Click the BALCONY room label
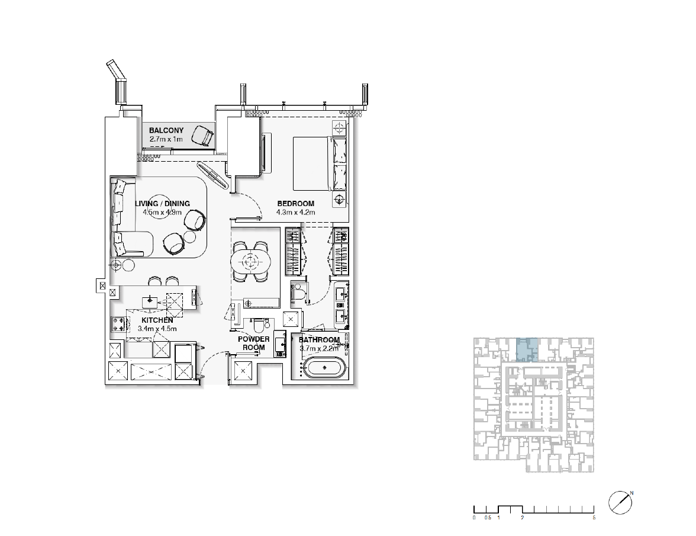[166, 130]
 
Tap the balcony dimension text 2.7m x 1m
[166, 139]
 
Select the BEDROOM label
[296, 204]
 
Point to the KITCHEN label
[157, 320]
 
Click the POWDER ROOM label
[253, 344]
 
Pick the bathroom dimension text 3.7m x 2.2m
[320, 349]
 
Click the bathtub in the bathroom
[325, 368]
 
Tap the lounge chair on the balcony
[202, 135]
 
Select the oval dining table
[251, 262]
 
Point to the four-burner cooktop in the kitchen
[118, 325]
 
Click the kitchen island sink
[150, 302]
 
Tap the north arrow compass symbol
[620, 503]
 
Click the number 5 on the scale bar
[594, 518]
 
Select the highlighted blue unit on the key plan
[527, 350]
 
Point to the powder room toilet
[257, 324]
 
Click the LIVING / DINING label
[162, 204]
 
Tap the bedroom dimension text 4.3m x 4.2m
[296, 212]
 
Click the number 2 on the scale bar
[523, 518]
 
